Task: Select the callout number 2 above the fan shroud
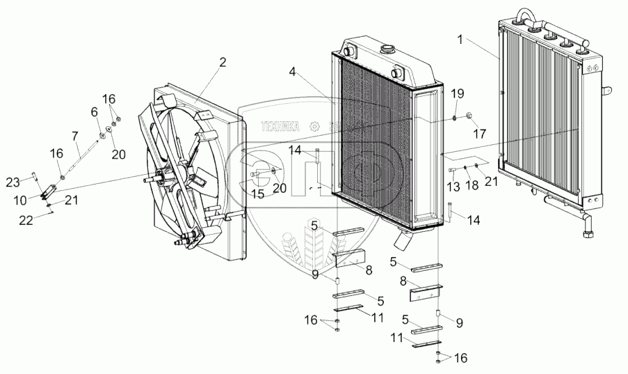tap(222, 62)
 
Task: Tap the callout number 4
tap(293, 72)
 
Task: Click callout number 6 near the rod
tap(93, 111)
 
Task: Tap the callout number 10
tap(19, 200)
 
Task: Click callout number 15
tap(258, 194)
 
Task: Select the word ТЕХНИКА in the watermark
tap(280, 126)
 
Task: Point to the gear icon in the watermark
tap(314, 126)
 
